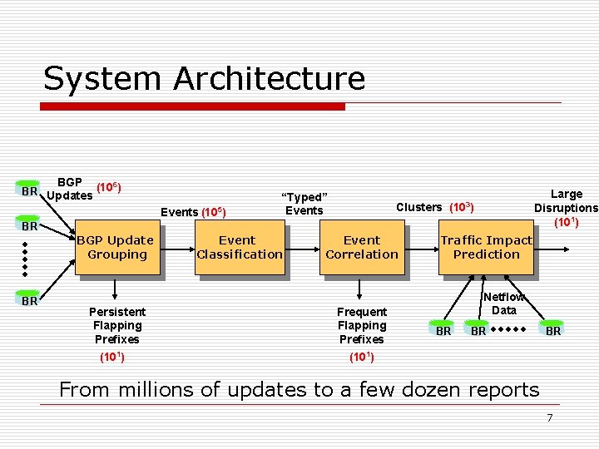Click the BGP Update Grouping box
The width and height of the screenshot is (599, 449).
tap(116, 247)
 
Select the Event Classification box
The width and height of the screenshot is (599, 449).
tap(239, 247)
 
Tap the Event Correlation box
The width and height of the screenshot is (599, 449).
tap(361, 247)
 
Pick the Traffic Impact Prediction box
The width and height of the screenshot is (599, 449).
tap(486, 247)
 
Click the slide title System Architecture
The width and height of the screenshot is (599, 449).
tap(204, 78)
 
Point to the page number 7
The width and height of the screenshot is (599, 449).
tap(549, 417)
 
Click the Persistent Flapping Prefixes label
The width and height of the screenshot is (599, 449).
tap(116, 325)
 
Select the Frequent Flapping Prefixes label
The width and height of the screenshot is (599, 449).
tap(361, 325)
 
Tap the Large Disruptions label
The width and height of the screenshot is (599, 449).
tap(566, 207)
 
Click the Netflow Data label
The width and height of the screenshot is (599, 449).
tap(503, 303)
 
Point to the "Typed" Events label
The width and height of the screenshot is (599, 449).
tap(304, 203)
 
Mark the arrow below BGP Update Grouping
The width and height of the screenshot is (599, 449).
tap(116, 288)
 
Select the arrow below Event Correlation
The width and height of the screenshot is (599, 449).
tap(360, 288)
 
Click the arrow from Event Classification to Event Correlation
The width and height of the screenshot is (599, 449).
tap(302, 247)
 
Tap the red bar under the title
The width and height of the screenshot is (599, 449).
tap(193, 106)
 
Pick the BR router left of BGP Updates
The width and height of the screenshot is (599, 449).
tap(30, 190)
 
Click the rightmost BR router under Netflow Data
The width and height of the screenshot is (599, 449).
tap(553, 330)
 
